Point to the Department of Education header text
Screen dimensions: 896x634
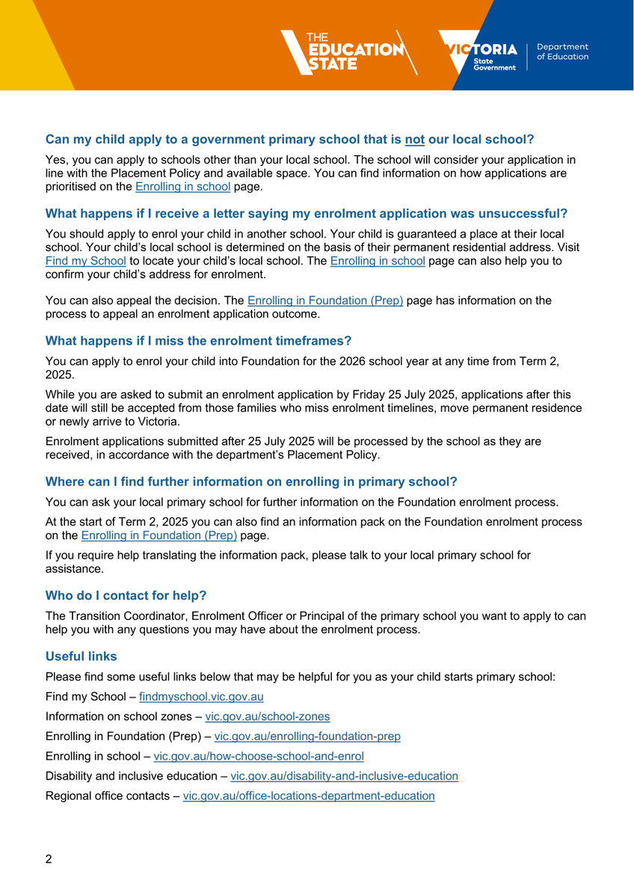pos(562,52)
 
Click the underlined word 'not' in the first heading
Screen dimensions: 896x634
pos(415,139)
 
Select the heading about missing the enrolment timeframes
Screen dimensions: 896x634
pos(198,340)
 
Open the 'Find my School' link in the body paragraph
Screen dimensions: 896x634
pos(85,261)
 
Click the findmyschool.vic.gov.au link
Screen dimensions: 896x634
pos(201,697)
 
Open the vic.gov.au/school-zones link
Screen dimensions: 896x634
pos(267,716)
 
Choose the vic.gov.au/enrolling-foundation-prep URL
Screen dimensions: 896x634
pos(307,736)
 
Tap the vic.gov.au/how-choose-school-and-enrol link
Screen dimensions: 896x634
pos(259,756)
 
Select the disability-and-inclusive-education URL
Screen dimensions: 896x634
pos(344,776)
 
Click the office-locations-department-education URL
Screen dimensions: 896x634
pos(309,796)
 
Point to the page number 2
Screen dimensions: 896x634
pos(49,859)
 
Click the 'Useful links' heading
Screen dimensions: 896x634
pos(81,656)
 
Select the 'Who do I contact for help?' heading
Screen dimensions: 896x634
pos(126,595)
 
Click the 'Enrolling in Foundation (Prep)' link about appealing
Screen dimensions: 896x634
pos(325,301)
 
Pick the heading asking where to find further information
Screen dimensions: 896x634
pos(251,482)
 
